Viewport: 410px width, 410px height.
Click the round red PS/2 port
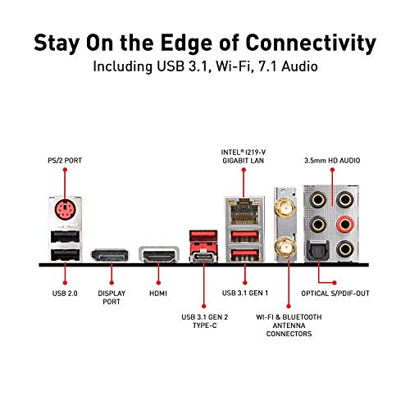(66, 210)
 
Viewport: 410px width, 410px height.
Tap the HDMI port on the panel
(159, 255)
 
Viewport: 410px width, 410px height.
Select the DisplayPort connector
(110, 255)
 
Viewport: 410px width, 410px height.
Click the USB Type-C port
(203, 257)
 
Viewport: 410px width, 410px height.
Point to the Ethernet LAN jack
(244, 211)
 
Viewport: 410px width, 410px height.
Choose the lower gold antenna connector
(286, 247)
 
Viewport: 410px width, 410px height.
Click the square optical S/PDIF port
(319, 250)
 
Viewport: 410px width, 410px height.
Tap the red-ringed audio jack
(345, 225)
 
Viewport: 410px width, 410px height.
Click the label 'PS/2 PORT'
(65, 161)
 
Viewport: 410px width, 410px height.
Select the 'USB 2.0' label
(65, 294)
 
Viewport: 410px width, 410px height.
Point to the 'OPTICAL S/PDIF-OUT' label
(335, 294)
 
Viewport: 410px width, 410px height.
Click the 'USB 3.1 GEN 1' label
(245, 293)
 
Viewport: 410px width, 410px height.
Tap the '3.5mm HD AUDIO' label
(332, 161)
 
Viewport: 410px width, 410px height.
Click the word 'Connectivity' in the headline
(311, 43)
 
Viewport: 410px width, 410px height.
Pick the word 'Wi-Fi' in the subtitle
(233, 66)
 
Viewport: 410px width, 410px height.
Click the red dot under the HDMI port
(158, 283)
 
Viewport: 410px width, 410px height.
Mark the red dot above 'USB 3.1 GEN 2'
(203, 307)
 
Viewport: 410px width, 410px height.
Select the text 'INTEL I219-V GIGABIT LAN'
(244, 157)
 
